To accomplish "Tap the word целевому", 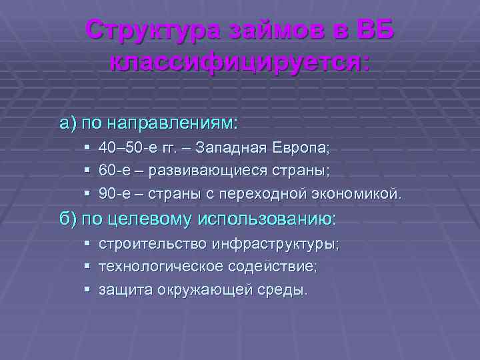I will tap(151, 219).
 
